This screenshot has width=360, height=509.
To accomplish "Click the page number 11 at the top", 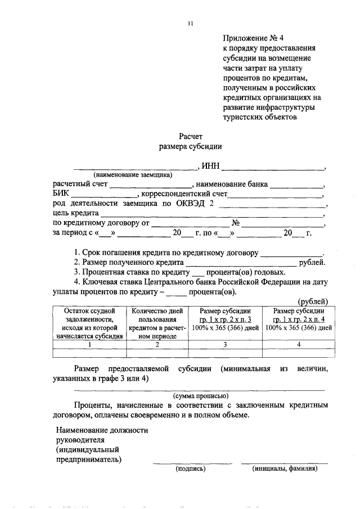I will click(x=190, y=24).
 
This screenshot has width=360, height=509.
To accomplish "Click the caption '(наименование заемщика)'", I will click(x=133, y=175).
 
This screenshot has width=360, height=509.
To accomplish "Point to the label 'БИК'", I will click(x=61, y=194).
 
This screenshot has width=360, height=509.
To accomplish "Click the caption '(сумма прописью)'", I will click(x=200, y=395).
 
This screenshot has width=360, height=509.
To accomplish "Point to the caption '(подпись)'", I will click(x=191, y=468).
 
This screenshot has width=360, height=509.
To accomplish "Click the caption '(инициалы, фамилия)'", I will click(x=285, y=468).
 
